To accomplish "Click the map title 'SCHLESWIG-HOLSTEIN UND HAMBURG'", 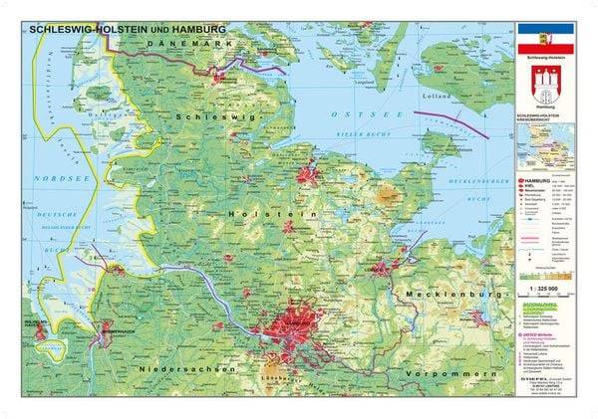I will pyautogui.click(x=128, y=30).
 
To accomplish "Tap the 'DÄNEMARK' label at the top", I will pyautogui.click(x=190, y=45).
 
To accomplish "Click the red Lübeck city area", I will pyautogui.click(x=383, y=267).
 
